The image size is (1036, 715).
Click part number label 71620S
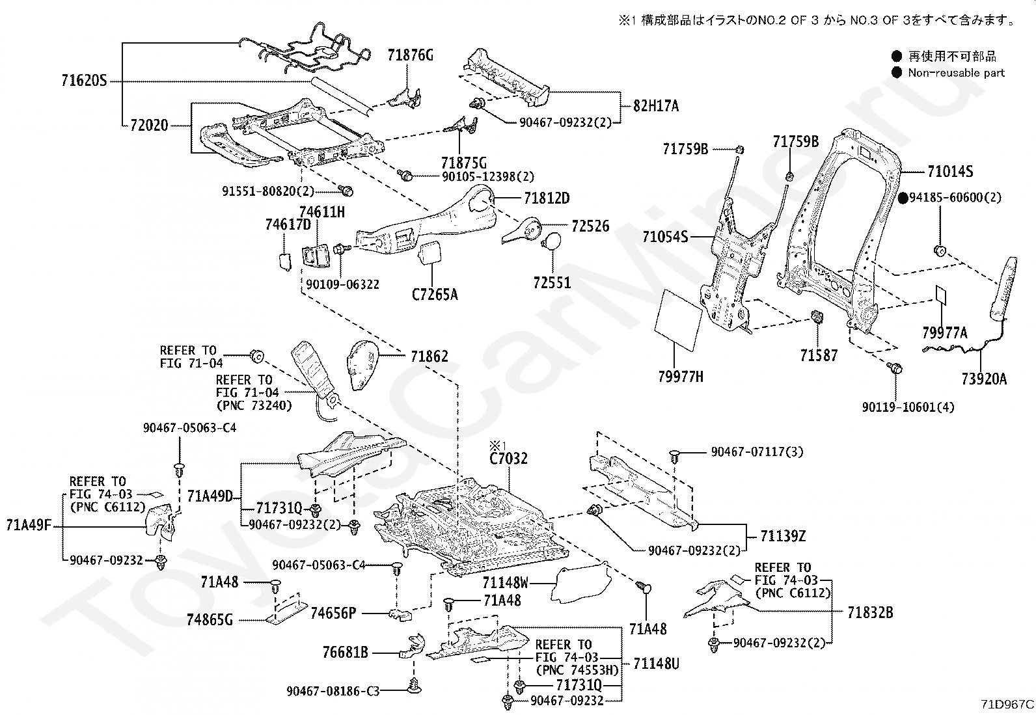pyautogui.click(x=84, y=81)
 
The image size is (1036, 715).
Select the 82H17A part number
pyautogui.click(x=656, y=106)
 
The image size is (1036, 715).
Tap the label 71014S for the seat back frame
pyautogui.click(x=951, y=172)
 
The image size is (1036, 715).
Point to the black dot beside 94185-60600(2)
pyautogui.click(x=903, y=198)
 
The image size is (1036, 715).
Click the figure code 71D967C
pyautogui.click(x=1007, y=704)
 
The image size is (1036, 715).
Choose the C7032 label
pyautogui.click(x=508, y=458)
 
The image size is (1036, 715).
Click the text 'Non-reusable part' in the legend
pyautogui.click(x=957, y=73)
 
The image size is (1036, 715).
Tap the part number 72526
pyautogui.click(x=591, y=226)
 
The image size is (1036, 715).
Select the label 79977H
pyautogui.click(x=680, y=377)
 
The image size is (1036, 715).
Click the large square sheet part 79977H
pyautogui.click(x=679, y=319)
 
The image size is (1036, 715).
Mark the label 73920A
pyautogui.click(x=984, y=379)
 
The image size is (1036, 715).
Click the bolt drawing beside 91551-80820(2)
pyautogui.click(x=346, y=190)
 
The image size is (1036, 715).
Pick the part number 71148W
pyautogui.click(x=506, y=582)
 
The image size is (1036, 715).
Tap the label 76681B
pyautogui.click(x=346, y=653)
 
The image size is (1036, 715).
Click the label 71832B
pyautogui.click(x=871, y=613)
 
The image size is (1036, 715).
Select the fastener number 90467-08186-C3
pyautogui.click(x=333, y=691)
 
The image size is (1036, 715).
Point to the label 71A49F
pyautogui.click(x=29, y=526)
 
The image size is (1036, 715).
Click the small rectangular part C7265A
pyautogui.click(x=429, y=252)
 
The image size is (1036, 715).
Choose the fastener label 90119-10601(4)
pyautogui.click(x=908, y=407)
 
